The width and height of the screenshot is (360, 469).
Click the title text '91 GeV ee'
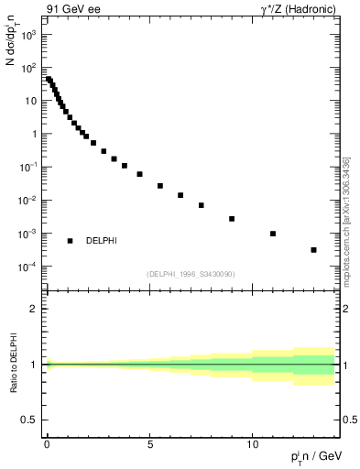[72, 11]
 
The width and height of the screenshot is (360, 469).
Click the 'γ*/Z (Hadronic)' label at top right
[293, 11]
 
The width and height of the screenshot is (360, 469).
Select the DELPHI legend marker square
[70, 241]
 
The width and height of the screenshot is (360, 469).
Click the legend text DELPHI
[101, 241]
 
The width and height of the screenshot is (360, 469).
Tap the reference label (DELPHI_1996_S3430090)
[190, 274]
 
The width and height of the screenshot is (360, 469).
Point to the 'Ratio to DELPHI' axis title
[13, 365]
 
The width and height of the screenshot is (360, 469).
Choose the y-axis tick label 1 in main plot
[32, 135]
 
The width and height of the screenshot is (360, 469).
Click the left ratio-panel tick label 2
[33, 309]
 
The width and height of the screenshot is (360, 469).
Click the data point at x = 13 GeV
[314, 250]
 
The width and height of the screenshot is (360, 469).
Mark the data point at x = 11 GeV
[273, 234]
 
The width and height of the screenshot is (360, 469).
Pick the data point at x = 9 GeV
[232, 219]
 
